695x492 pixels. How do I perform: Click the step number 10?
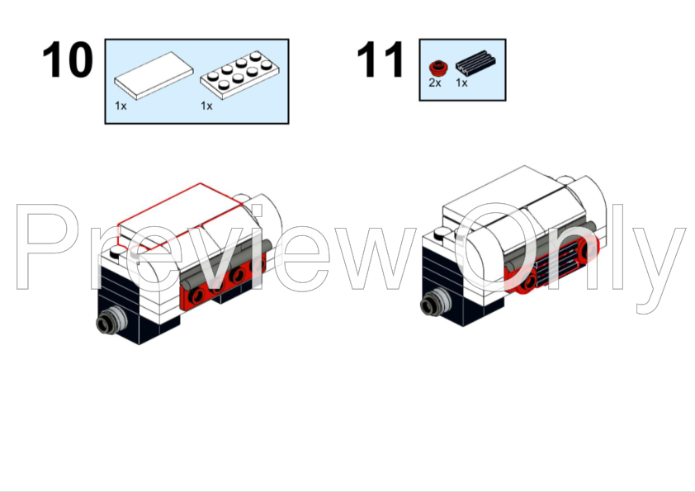[x=68, y=59]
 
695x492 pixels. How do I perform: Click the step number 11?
[x=381, y=59]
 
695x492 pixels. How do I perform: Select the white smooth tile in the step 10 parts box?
[x=154, y=75]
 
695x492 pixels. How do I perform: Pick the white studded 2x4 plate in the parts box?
[x=239, y=74]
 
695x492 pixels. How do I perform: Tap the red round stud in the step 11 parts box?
[x=438, y=69]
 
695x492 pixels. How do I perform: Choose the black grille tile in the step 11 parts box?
[x=475, y=64]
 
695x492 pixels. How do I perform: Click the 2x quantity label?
[x=435, y=83]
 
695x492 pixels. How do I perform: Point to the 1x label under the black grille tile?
[x=461, y=83]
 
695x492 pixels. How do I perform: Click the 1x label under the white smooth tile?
[x=121, y=106]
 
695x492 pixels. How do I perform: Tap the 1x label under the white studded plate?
[x=206, y=106]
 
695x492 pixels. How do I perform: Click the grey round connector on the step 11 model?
[x=435, y=302]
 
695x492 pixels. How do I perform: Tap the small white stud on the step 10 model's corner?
[x=118, y=252]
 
